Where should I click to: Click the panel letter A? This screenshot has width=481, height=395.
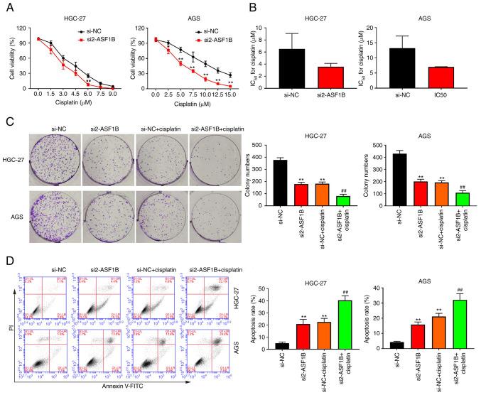tap(6, 8)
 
